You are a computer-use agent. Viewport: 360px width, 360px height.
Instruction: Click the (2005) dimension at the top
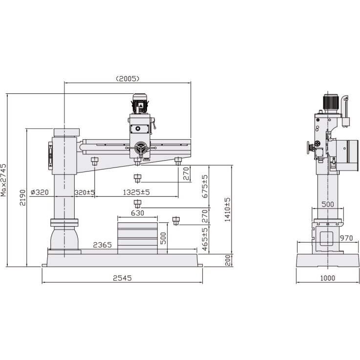[x=128, y=78]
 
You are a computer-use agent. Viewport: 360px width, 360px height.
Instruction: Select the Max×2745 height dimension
[x=4, y=180]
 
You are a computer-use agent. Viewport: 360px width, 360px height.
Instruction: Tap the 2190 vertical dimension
[x=21, y=197]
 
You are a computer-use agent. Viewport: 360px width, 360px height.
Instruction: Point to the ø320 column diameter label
[x=39, y=192]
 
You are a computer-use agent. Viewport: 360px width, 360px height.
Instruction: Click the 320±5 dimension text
[x=84, y=192]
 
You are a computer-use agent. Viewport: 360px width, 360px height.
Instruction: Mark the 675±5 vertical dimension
[x=205, y=186]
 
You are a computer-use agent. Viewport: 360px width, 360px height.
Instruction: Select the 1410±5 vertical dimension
[x=227, y=210]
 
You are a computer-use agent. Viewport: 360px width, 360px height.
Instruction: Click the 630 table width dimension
[x=137, y=213]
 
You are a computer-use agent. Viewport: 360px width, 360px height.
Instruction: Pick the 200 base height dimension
[x=227, y=260]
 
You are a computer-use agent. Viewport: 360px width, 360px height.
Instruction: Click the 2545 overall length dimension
[x=122, y=278]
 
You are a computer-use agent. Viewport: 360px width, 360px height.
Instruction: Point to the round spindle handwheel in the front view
[x=142, y=148]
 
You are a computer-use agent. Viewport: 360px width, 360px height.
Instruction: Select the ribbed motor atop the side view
[x=331, y=102]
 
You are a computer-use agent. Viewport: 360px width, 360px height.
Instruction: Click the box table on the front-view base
[x=137, y=238]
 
